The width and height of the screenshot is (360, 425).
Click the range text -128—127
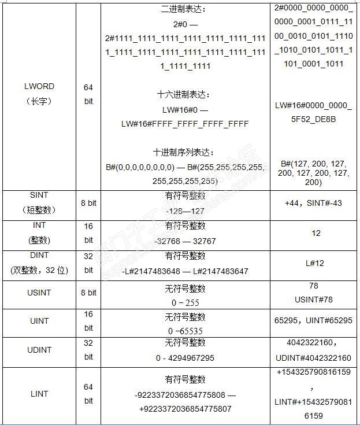(x=185, y=211)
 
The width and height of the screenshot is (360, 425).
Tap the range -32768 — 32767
(x=185, y=241)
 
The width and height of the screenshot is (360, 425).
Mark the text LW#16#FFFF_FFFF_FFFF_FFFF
(x=185, y=124)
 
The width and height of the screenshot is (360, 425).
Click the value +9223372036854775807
(x=185, y=408)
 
